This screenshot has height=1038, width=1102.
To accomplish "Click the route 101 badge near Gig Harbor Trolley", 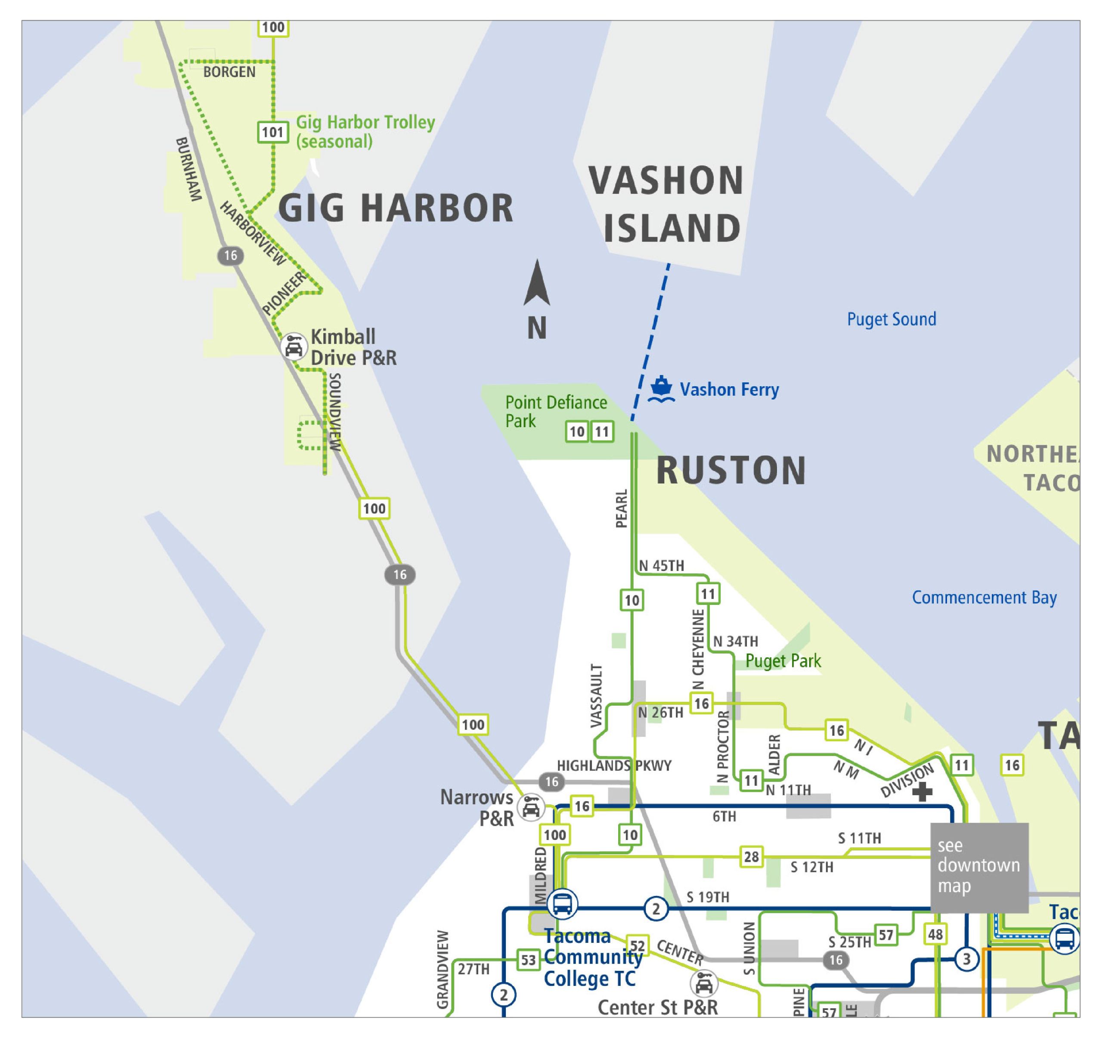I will [x=273, y=132].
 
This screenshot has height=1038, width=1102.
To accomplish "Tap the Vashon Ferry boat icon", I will [x=661, y=389].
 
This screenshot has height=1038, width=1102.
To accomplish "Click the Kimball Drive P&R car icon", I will [x=293, y=347].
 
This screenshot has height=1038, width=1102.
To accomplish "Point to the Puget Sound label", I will [x=892, y=319].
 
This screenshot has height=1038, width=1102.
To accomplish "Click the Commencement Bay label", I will [x=984, y=598].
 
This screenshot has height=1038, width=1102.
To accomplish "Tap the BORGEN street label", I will [x=229, y=72].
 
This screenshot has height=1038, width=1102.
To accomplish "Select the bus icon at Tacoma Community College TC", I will [x=562, y=903].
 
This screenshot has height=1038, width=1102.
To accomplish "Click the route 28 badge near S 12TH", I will [x=751, y=857].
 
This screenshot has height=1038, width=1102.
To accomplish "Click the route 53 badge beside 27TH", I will [x=528, y=960].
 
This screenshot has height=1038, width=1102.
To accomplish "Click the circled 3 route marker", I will [x=966, y=959].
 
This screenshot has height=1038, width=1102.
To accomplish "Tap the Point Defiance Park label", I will [x=555, y=412].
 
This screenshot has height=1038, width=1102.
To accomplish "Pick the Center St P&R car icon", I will [x=703, y=984].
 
